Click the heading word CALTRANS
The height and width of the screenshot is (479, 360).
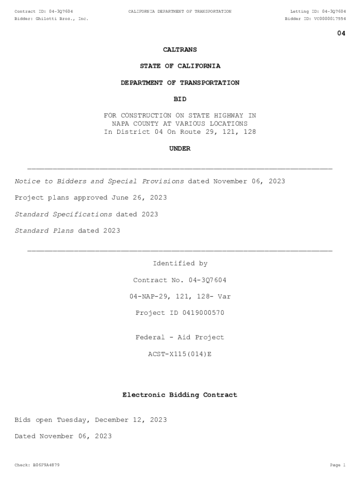[x=180, y=50]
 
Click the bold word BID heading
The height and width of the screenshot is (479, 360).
[x=180, y=99]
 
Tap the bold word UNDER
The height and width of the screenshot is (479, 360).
[x=180, y=149]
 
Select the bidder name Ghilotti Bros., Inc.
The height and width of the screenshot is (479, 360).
[x=62, y=19]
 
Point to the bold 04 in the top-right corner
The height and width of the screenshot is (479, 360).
[x=341, y=33]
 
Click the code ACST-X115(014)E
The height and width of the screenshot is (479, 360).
[x=180, y=354]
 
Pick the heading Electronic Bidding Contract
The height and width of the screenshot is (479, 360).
[x=180, y=395]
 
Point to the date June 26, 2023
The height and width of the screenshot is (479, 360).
[x=139, y=198]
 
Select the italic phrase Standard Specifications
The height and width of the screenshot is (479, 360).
[x=63, y=214]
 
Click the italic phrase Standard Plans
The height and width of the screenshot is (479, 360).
[x=44, y=231]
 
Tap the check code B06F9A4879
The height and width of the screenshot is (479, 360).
[x=44, y=465]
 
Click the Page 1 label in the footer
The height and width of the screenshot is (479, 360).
[x=338, y=465]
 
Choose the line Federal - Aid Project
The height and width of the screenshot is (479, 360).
[x=180, y=338]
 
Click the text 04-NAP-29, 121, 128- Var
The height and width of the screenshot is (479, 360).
[x=180, y=297]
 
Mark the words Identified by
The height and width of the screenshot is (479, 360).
[x=180, y=264]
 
